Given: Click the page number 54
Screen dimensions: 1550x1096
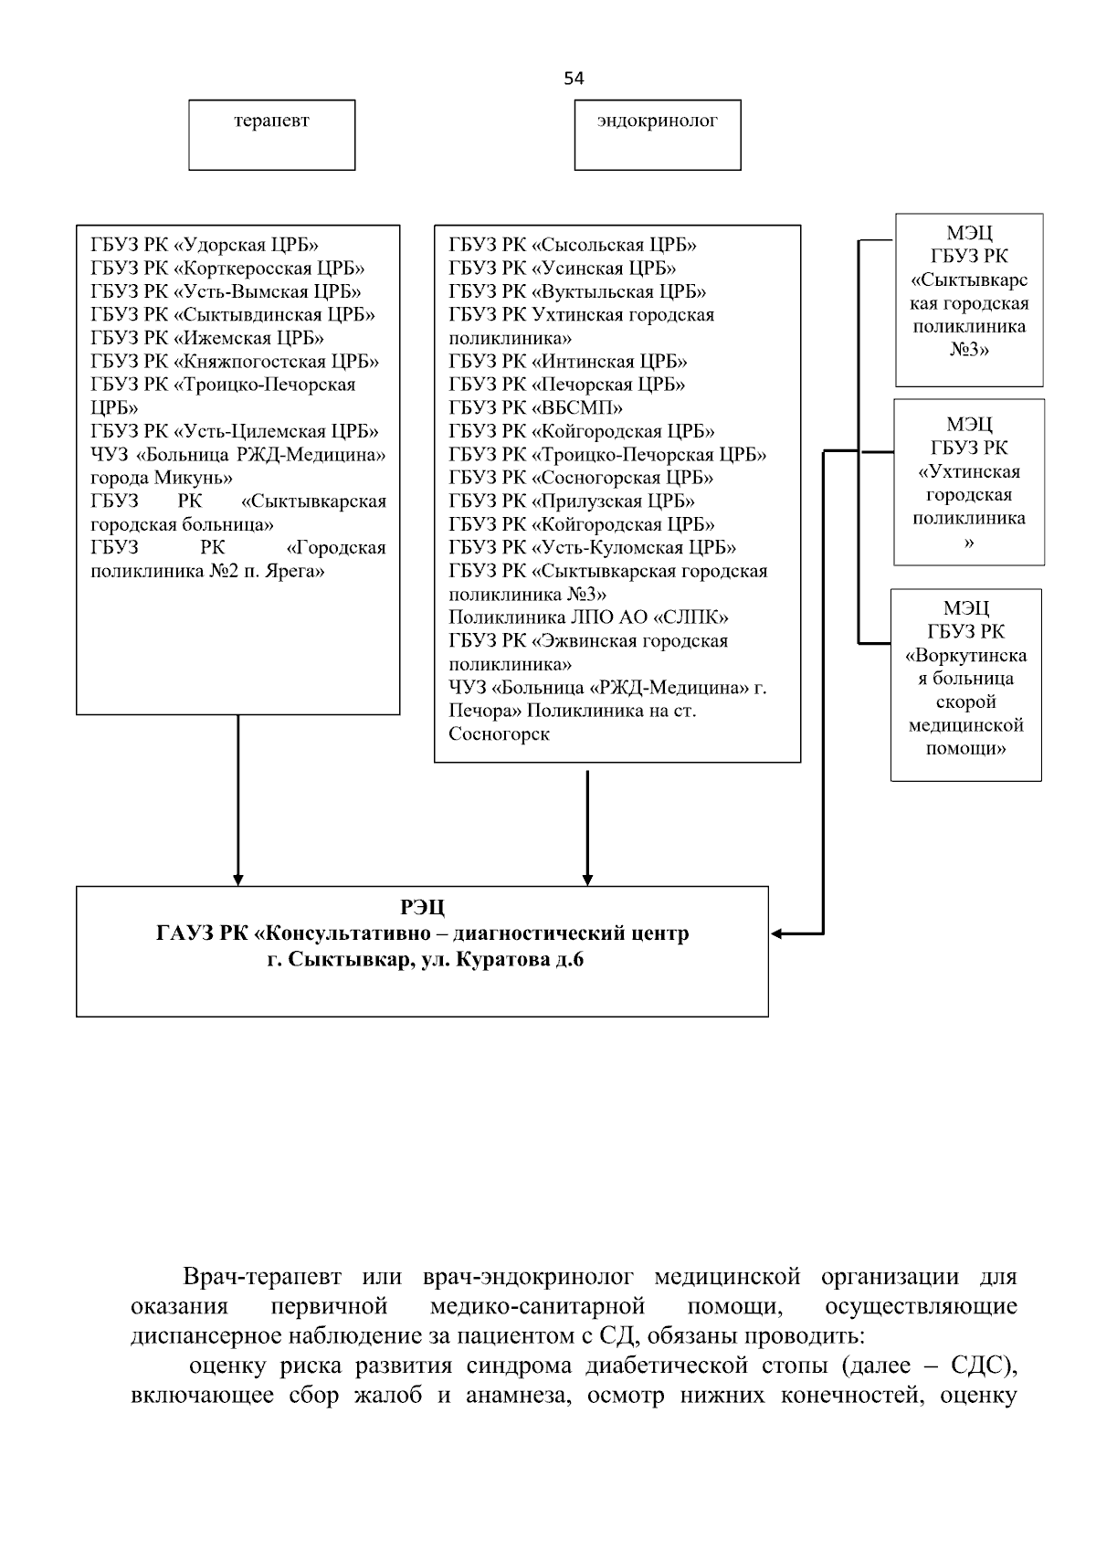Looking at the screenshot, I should (574, 79).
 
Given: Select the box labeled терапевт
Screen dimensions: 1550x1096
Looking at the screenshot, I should (271, 134).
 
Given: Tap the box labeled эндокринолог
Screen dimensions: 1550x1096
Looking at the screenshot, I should (657, 134).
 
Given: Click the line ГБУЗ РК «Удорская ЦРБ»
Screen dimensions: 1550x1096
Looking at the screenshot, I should (205, 245).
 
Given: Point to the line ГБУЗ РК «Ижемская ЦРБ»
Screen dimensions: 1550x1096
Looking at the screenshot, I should (207, 338).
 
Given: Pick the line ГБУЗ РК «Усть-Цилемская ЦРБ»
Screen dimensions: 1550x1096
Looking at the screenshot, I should (235, 431).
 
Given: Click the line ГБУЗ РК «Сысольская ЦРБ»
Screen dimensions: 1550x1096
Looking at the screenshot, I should (573, 245).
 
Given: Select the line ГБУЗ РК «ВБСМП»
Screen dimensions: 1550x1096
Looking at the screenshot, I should (536, 407).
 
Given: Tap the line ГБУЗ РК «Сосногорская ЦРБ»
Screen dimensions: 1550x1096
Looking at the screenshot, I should (581, 478).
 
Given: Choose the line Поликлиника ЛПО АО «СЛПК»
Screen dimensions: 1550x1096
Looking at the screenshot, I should (588, 617).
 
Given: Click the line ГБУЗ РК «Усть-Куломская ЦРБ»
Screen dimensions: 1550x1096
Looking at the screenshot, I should (593, 547).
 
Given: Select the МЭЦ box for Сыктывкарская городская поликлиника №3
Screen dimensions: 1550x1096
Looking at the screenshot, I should (969, 301).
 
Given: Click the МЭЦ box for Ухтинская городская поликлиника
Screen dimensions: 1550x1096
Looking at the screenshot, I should (969, 482).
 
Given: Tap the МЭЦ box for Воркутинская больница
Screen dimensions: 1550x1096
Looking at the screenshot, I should (966, 684).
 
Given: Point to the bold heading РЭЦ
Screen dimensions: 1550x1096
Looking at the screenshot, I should (422, 908).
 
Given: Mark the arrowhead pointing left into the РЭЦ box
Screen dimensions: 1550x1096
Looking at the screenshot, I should (777, 933).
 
